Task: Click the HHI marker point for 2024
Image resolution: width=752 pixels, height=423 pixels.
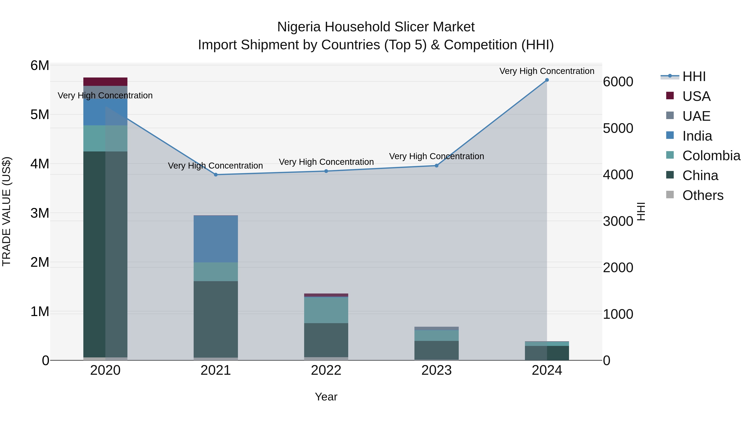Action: coord(547,80)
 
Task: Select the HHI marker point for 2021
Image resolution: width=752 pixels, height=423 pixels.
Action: coord(216,175)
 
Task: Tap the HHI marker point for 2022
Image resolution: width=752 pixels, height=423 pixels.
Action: coord(326,171)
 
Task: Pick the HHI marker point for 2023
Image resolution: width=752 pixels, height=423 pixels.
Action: coord(436,165)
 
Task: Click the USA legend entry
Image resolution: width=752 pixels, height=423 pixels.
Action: coord(696,96)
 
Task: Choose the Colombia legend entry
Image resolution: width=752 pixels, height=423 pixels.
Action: coord(711,156)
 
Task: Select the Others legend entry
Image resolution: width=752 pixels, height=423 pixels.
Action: coord(703,195)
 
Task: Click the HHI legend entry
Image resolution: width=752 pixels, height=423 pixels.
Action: coord(694,76)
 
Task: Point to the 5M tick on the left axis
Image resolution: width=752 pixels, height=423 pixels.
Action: coord(40,114)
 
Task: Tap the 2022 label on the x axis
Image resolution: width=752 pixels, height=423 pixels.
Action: coord(326,370)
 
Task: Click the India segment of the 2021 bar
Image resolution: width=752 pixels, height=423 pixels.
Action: coord(216,239)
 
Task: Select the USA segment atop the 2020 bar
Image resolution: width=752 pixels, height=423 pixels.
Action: coord(105,81)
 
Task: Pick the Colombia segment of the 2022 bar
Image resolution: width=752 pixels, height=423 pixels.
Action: coord(326,310)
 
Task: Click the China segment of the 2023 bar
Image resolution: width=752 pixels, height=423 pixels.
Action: coord(436,350)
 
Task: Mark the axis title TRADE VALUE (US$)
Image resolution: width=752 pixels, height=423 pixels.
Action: coord(6,211)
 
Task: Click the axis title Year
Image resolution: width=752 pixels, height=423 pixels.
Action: coord(326,397)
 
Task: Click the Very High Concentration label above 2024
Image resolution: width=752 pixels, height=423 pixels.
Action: coord(547,71)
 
